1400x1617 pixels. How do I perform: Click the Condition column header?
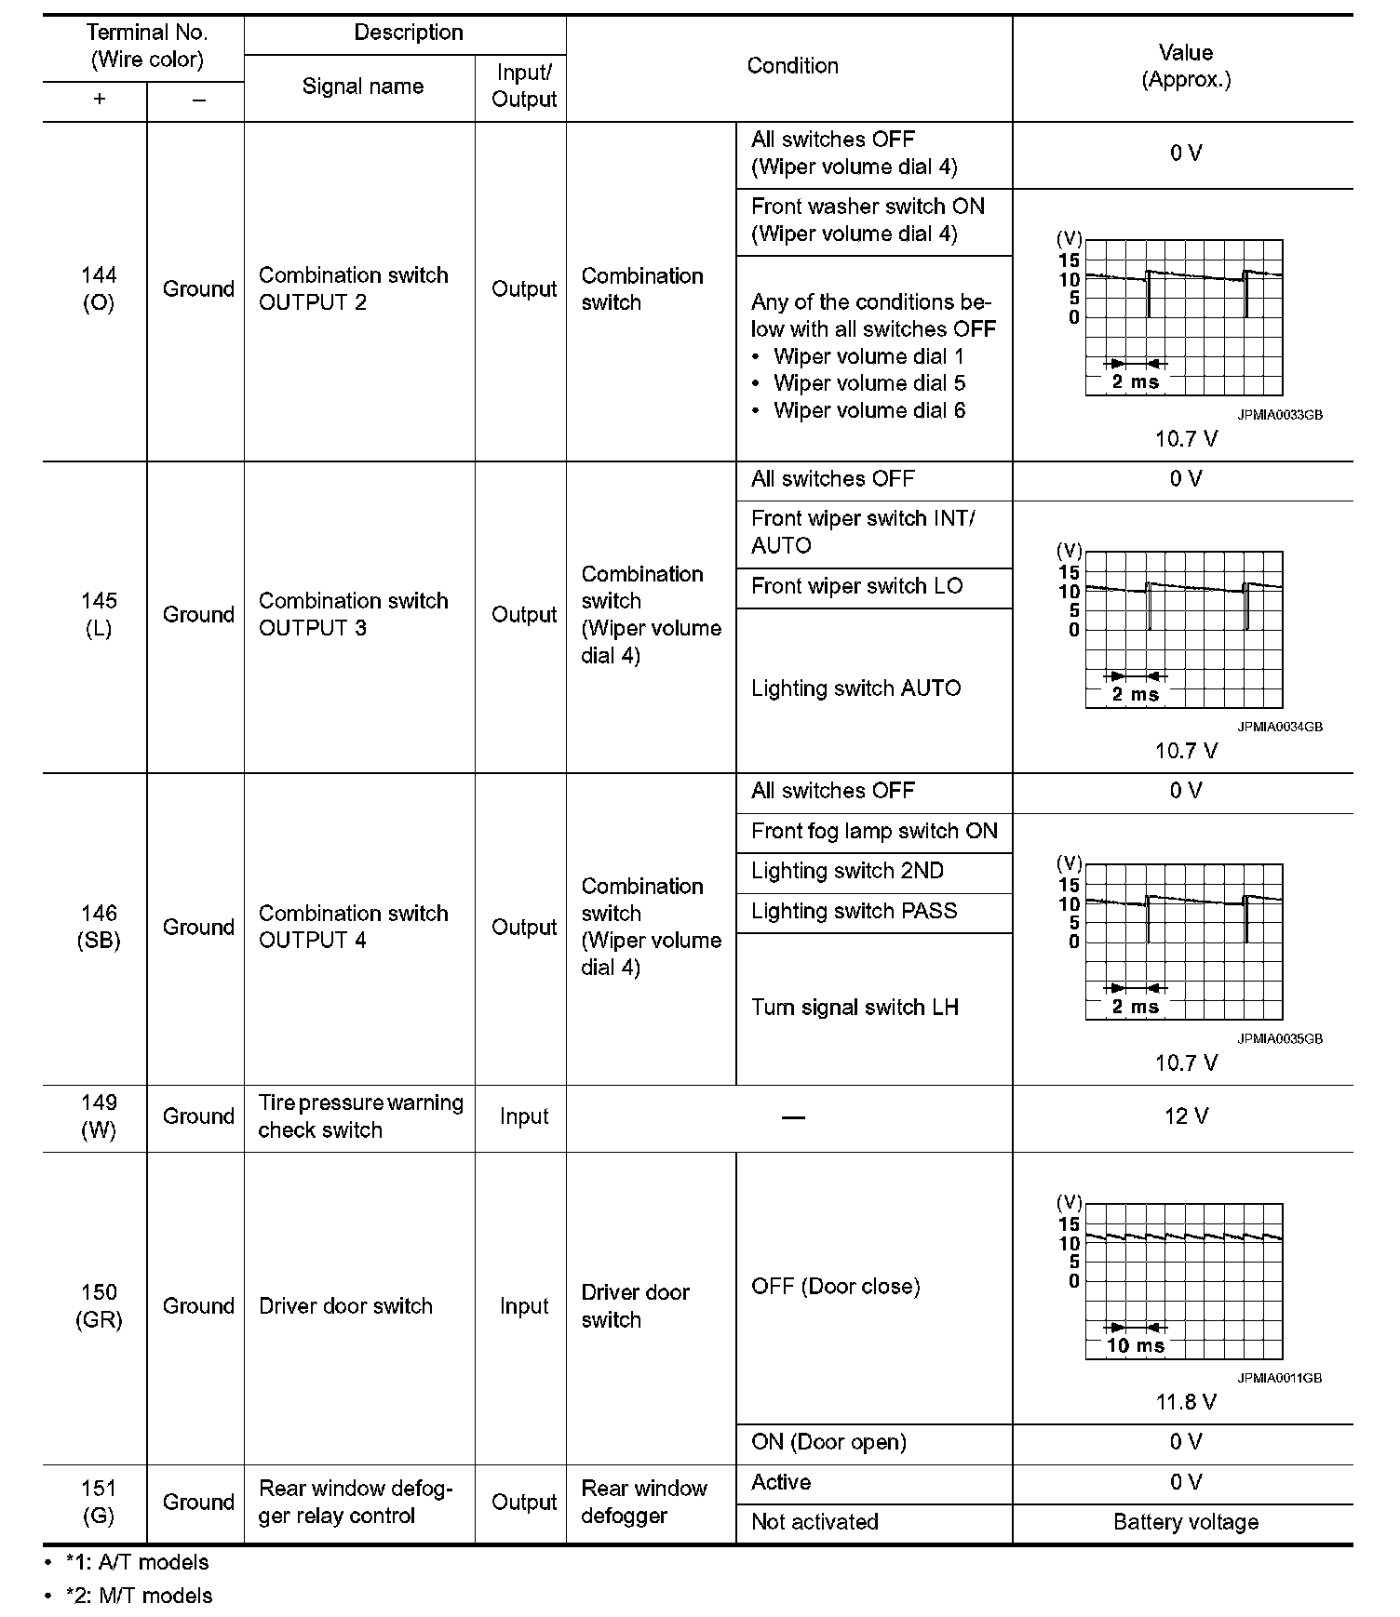[792, 66]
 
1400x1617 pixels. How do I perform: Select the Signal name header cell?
[362, 87]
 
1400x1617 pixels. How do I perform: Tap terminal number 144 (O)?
[98, 288]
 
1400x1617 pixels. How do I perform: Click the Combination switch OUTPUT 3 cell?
[353, 614]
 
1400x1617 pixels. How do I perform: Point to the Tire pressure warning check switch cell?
[360, 1116]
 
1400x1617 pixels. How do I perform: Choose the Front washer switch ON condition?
[868, 220]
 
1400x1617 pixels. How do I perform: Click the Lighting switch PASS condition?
[854, 911]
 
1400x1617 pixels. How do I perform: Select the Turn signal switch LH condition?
[855, 1008]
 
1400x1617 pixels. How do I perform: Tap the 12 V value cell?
[1185, 1116]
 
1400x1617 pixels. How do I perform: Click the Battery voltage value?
[1185, 1522]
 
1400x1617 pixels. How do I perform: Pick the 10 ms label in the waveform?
[1135, 1345]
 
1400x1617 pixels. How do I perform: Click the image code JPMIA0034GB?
[1279, 727]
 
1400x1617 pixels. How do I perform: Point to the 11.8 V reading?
[1185, 1402]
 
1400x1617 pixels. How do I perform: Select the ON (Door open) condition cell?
[828, 1442]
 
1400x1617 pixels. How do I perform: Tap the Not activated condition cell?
[814, 1522]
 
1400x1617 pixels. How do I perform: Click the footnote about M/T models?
[139, 1596]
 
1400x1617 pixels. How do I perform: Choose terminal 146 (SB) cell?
[98, 927]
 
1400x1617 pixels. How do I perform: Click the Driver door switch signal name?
[345, 1306]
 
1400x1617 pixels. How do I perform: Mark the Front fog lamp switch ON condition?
[874, 831]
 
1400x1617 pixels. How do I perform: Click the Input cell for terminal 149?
[523, 1116]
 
